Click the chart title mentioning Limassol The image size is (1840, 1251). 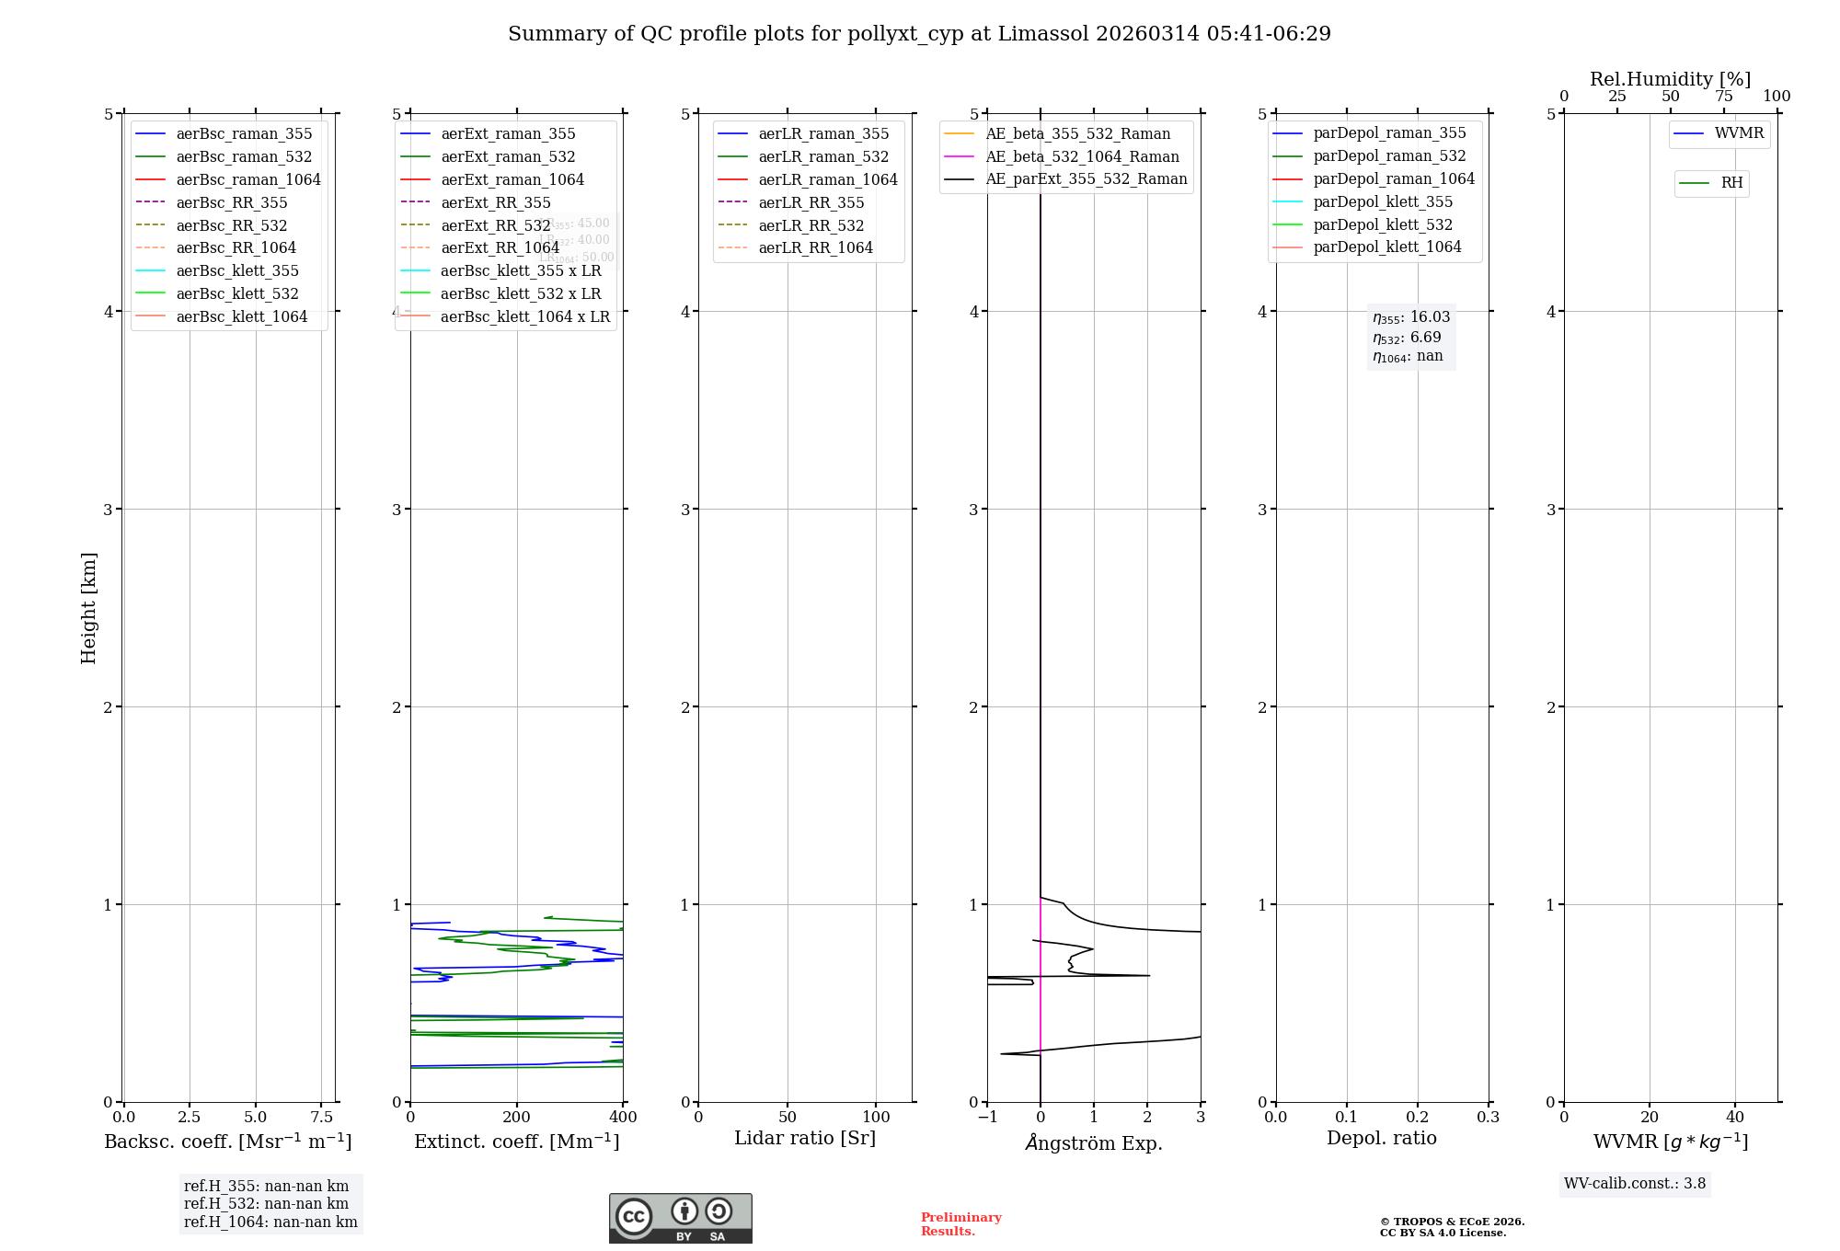[x=919, y=34]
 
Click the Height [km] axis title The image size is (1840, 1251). [x=88, y=607]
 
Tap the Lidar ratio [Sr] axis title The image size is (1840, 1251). [x=805, y=1138]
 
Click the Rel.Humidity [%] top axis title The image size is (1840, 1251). [x=1670, y=79]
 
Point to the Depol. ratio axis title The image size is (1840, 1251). [x=1381, y=1138]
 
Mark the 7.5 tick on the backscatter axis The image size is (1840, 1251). [x=321, y=1117]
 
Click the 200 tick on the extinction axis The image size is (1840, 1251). [x=517, y=1117]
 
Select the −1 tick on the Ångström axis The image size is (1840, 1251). [x=987, y=1117]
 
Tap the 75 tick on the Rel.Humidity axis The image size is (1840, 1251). [x=1723, y=97]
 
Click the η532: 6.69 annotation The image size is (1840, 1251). [x=1407, y=338]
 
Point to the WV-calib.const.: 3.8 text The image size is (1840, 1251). [x=1635, y=1184]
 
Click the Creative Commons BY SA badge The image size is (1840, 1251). [x=680, y=1218]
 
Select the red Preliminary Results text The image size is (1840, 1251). [x=960, y=1224]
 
